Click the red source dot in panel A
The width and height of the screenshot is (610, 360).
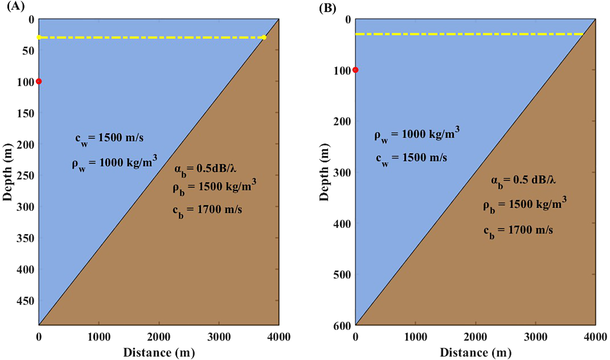(39, 81)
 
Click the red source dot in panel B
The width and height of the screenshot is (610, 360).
(356, 70)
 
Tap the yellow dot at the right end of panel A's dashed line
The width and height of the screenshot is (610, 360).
(264, 37)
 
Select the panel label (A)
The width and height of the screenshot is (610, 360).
(15, 7)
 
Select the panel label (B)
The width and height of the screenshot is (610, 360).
(327, 8)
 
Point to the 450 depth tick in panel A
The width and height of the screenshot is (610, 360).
(26, 301)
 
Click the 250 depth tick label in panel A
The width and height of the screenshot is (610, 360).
(26, 176)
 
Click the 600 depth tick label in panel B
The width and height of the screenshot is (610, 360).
(342, 326)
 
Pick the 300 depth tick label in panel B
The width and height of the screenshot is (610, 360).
(342, 172)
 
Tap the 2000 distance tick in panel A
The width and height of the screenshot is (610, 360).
(159, 336)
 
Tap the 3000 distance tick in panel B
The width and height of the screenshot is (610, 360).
(536, 336)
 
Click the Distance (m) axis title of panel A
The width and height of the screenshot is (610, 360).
(159, 352)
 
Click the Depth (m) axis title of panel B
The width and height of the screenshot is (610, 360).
(325, 172)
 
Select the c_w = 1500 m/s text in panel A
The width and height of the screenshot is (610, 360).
(109, 139)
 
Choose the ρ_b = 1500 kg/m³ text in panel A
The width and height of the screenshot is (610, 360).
(214, 187)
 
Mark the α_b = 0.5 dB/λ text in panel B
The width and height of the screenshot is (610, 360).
(523, 181)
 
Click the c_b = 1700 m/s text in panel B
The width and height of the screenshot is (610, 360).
(518, 231)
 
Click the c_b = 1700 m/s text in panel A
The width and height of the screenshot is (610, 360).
(207, 211)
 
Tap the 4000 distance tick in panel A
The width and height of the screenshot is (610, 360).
(278, 336)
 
